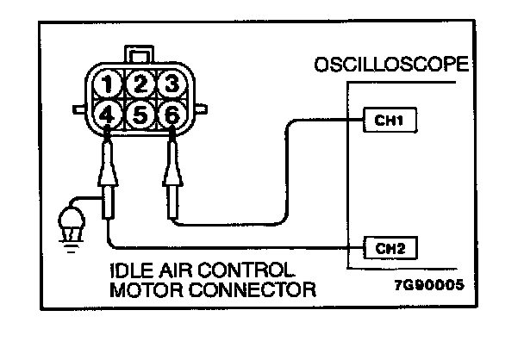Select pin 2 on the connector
pyautogui.click(x=139, y=84)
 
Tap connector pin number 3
pyautogui.click(x=172, y=84)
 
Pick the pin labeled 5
pyautogui.click(x=139, y=112)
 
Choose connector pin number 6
pyautogui.click(x=172, y=112)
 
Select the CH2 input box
pyautogui.click(x=390, y=249)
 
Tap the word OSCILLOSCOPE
pyautogui.click(x=392, y=65)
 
